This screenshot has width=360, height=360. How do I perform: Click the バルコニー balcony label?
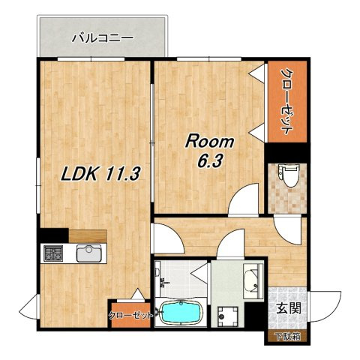[103, 38]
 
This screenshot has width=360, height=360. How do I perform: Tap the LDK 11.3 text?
[100, 173]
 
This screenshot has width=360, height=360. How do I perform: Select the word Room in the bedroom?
[209, 142]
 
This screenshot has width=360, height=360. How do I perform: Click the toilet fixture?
[289, 175]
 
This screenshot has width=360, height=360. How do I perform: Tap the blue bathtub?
[181, 313]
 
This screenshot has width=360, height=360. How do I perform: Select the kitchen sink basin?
[89, 253]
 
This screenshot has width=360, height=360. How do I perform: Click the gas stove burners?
[53, 253]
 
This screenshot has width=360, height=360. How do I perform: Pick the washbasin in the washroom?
[253, 281]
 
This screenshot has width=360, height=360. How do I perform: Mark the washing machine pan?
[227, 316]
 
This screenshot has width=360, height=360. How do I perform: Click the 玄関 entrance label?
[289, 308]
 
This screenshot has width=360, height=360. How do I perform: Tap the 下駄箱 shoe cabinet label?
[287, 337]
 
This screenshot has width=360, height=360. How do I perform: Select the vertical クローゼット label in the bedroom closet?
[287, 101]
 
